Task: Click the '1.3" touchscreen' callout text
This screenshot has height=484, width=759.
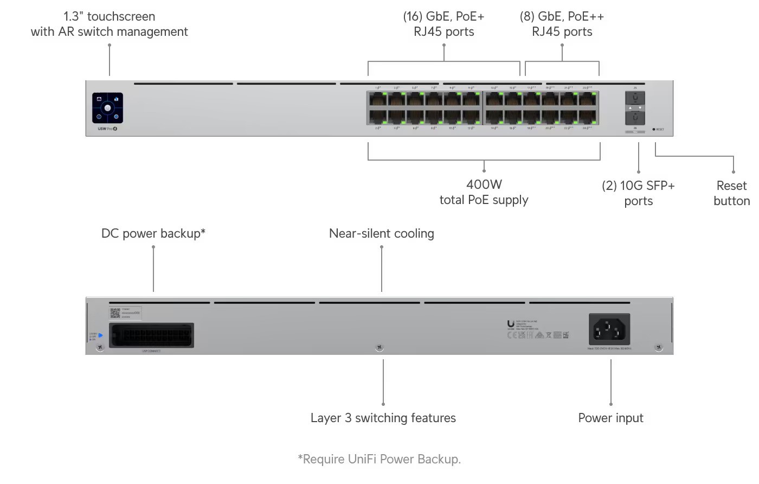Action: (109, 16)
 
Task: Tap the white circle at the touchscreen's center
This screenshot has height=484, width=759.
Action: (107, 108)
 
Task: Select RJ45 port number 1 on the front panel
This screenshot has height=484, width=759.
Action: (378, 99)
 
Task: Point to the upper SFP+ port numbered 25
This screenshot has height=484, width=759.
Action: (635, 98)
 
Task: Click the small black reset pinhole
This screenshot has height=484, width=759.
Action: (654, 129)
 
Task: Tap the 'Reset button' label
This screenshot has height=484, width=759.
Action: (731, 193)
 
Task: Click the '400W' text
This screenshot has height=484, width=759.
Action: (484, 184)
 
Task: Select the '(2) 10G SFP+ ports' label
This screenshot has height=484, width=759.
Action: (638, 193)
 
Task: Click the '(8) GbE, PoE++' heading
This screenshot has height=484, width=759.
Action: (562, 16)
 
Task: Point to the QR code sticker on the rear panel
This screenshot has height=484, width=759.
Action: (115, 313)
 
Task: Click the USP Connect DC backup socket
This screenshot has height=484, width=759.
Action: (151, 335)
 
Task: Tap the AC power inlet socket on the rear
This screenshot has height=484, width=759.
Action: (609, 329)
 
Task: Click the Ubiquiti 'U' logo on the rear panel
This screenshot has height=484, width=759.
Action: (511, 323)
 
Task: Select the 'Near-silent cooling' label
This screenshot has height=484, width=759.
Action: (381, 233)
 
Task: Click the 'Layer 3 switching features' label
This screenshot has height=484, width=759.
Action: (383, 418)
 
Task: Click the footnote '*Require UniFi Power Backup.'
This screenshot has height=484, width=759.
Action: (379, 459)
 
